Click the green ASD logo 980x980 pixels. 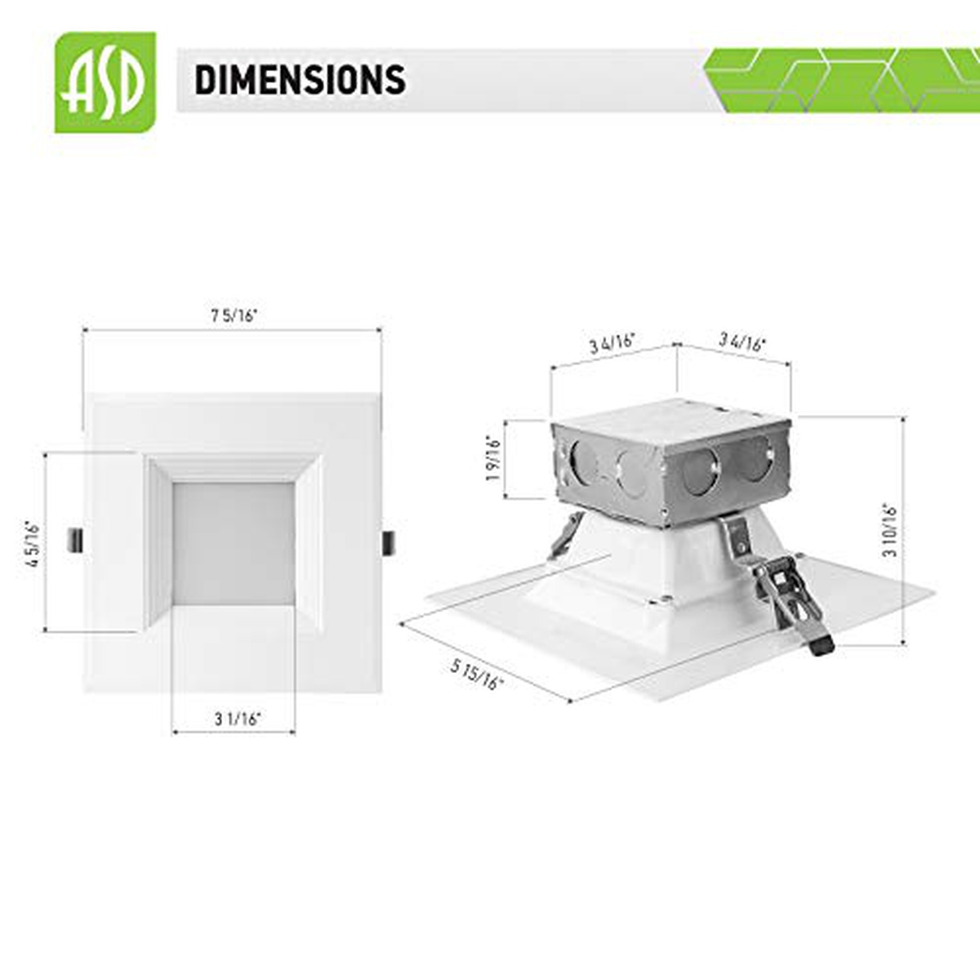pyautogui.click(x=105, y=82)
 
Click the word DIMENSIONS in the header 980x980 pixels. pyautogui.click(x=300, y=80)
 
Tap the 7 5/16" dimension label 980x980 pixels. pyautogui.click(x=234, y=316)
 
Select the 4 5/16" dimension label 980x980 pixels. pyautogui.click(x=33, y=543)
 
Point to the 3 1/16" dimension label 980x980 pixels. pyautogui.click(x=238, y=719)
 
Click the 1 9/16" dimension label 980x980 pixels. pyautogui.click(x=493, y=459)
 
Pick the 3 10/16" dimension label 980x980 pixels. pyautogui.click(x=890, y=529)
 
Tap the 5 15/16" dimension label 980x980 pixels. pyautogui.click(x=476, y=675)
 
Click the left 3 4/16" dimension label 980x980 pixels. pyautogui.click(x=612, y=343)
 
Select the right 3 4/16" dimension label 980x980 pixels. pyautogui.click(x=742, y=341)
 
